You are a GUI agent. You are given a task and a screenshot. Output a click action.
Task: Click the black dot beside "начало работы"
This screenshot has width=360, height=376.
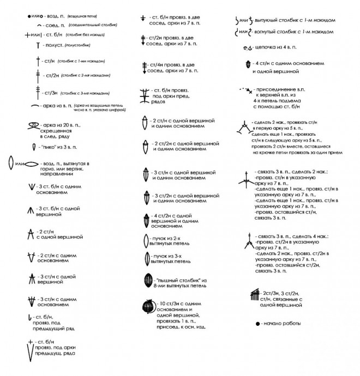click(x=257, y=324)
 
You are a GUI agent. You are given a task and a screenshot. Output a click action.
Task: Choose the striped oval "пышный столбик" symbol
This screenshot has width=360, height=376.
click(x=146, y=281)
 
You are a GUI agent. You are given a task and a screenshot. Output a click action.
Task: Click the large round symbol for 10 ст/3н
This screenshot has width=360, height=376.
click(x=146, y=308)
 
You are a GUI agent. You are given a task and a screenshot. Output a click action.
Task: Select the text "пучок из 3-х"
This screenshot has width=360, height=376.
click(x=171, y=255)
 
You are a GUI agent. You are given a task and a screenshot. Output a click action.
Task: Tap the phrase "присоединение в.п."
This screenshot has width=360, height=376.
click(x=278, y=89)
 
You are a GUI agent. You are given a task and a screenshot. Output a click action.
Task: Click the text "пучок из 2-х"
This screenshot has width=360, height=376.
click(x=171, y=238)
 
